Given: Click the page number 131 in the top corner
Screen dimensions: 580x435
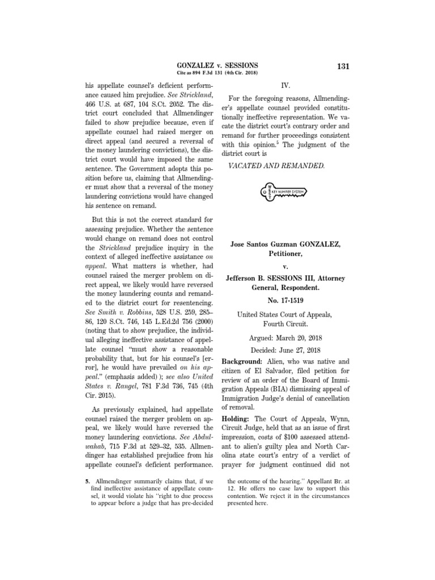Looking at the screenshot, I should click(343, 67).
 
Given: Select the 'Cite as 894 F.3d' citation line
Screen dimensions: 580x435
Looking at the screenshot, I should click(217, 75).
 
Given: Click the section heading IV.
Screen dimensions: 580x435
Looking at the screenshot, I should click(285, 86).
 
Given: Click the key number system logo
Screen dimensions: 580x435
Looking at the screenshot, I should click(285, 193).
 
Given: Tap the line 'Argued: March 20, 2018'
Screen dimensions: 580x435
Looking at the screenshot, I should click(285, 337).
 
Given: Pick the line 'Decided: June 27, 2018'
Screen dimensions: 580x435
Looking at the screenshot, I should click(285, 350).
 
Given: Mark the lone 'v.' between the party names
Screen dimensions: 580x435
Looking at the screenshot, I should click(285, 266).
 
